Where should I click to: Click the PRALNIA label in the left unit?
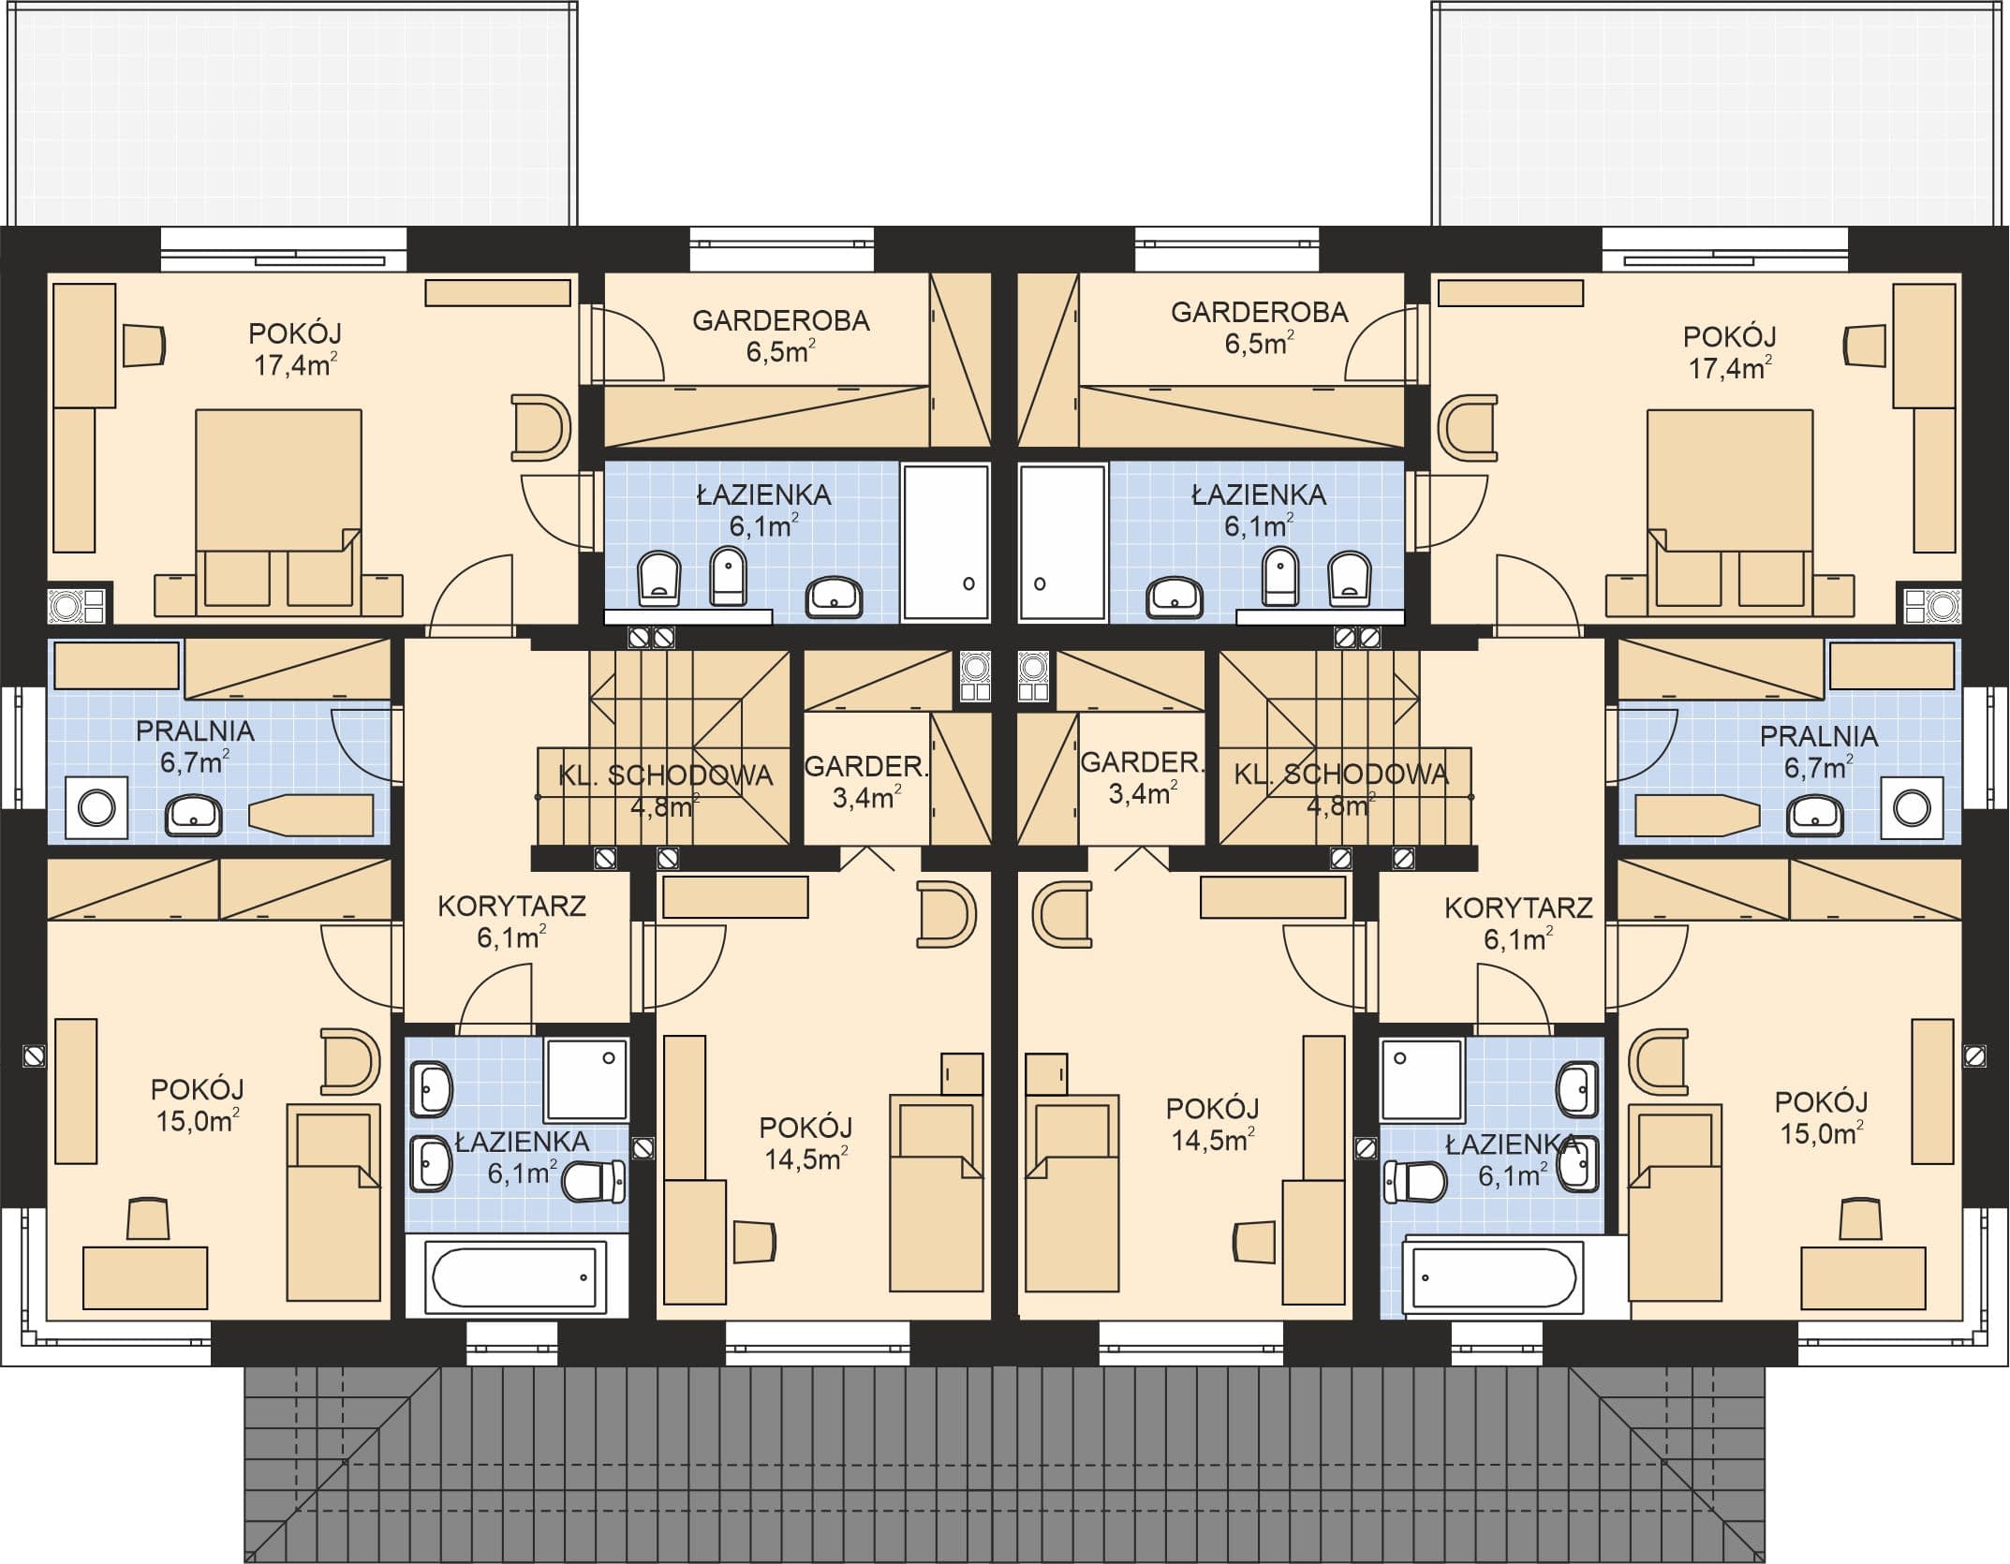(195, 731)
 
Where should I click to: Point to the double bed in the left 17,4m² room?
(278, 507)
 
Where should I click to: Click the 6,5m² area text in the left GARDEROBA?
(780, 351)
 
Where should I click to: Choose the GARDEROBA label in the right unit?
(1259, 312)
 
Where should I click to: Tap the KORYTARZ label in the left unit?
(511, 906)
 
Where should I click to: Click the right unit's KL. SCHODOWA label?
(1341, 774)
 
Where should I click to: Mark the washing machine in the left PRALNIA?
(97, 807)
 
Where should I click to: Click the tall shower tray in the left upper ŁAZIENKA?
(945, 542)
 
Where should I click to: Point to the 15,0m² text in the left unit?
(197, 1120)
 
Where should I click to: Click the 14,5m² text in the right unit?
(1213, 1139)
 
